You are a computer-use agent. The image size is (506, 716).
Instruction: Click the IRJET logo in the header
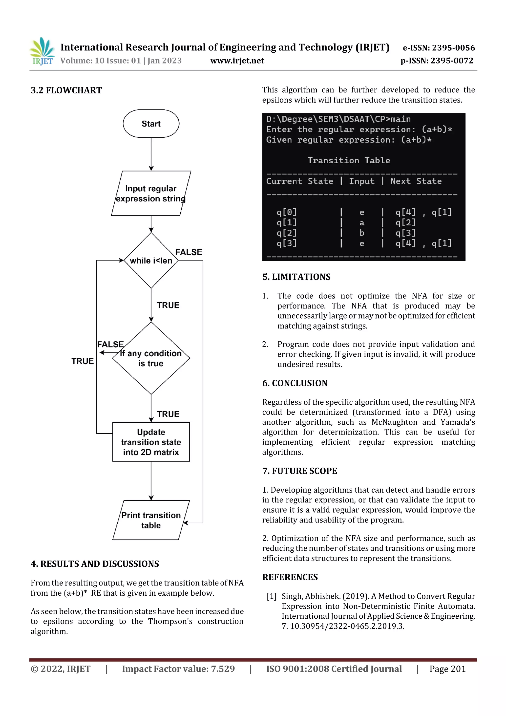[42, 51]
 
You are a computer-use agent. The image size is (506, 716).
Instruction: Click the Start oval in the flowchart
[151, 124]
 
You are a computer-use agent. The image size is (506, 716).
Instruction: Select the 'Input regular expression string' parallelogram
[151, 193]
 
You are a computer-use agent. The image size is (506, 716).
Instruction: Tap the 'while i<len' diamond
[151, 260]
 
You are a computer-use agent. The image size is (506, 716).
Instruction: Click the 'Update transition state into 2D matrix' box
[151, 442]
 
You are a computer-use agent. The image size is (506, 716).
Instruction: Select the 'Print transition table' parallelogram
[151, 520]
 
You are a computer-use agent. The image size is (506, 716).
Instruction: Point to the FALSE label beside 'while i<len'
[189, 252]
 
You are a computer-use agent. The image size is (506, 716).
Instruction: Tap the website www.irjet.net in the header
[237, 61]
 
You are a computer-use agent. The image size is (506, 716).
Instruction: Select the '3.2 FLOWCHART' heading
[66, 90]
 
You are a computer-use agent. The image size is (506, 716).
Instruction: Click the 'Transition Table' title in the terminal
[349, 160]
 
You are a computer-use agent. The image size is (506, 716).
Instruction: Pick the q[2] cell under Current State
[287, 233]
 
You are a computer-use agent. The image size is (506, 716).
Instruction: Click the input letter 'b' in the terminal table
[362, 233]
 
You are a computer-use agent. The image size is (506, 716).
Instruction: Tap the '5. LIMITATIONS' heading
[296, 277]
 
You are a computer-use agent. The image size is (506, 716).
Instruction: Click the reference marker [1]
[272, 596]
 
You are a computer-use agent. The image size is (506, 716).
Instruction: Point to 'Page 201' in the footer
[447, 669]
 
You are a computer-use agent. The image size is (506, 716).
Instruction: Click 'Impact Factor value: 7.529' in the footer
[178, 669]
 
